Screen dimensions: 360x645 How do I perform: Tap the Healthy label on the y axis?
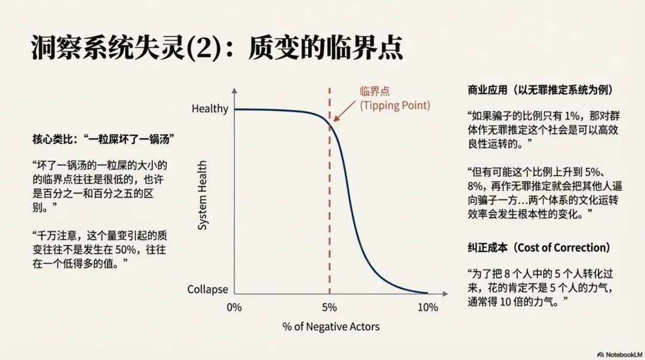[x=210, y=109]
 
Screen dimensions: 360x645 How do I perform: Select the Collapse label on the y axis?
[x=207, y=290]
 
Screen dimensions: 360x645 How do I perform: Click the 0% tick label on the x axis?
[x=234, y=308]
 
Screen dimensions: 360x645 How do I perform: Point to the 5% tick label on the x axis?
[x=329, y=308]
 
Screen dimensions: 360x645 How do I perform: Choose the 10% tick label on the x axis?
[x=428, y=308]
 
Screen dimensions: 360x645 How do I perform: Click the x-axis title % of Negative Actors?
[x=331, y=327]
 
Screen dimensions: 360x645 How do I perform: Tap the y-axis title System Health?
[x=202, y=195]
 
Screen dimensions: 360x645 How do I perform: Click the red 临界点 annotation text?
[x=373, y=91]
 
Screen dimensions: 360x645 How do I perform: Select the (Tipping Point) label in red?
[x=394, y=105]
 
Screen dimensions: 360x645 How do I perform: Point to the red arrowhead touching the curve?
[x=334, y=119]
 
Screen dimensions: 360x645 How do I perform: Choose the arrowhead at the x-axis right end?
[x=442, y=294]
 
